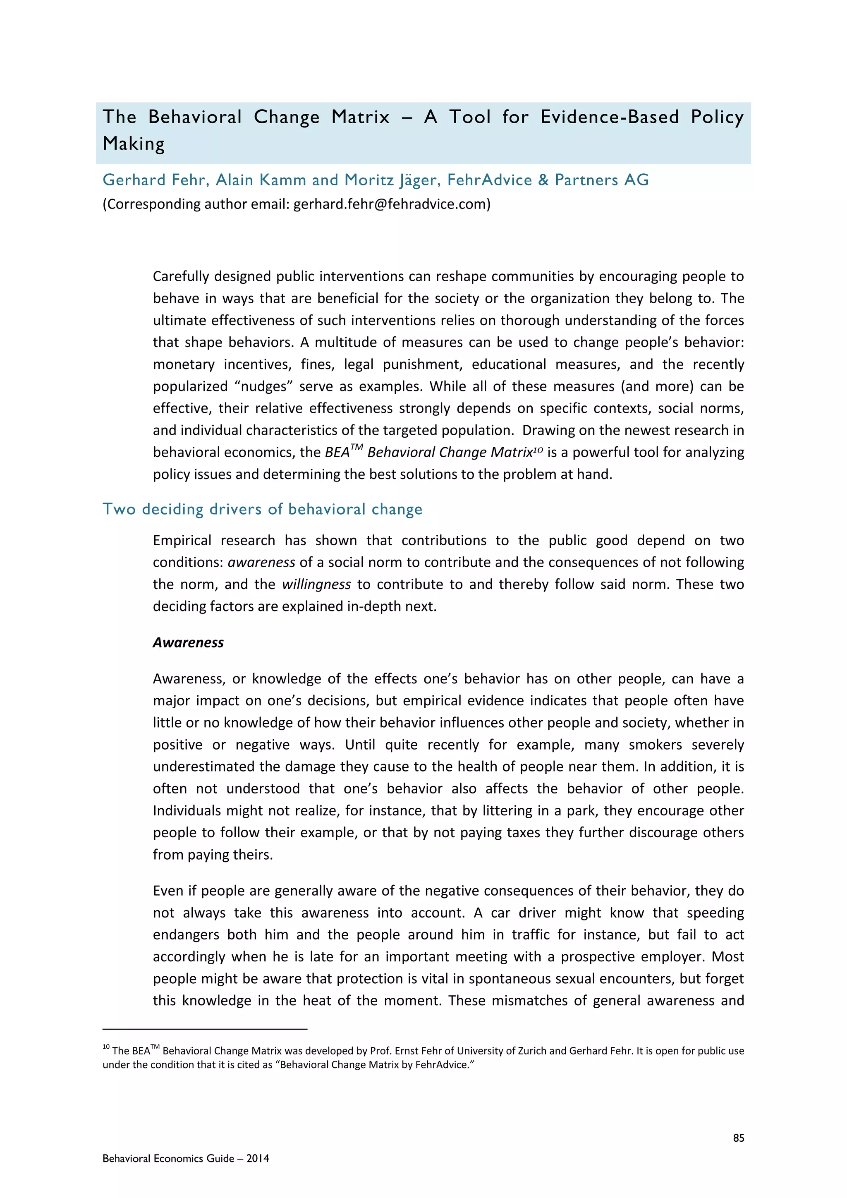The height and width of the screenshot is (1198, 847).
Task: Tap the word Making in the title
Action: [134, 144]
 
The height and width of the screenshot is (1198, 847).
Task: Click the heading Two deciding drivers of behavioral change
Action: [262, 509]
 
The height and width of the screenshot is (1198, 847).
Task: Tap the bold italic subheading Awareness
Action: [188, 642]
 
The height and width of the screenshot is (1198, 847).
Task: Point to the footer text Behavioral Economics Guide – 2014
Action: [186, 1158]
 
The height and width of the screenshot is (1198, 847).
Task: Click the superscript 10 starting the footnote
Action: [106, 1047]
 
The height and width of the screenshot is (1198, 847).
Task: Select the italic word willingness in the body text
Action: [316, 585]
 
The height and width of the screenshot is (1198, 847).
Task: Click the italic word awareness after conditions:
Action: [261, 563]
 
